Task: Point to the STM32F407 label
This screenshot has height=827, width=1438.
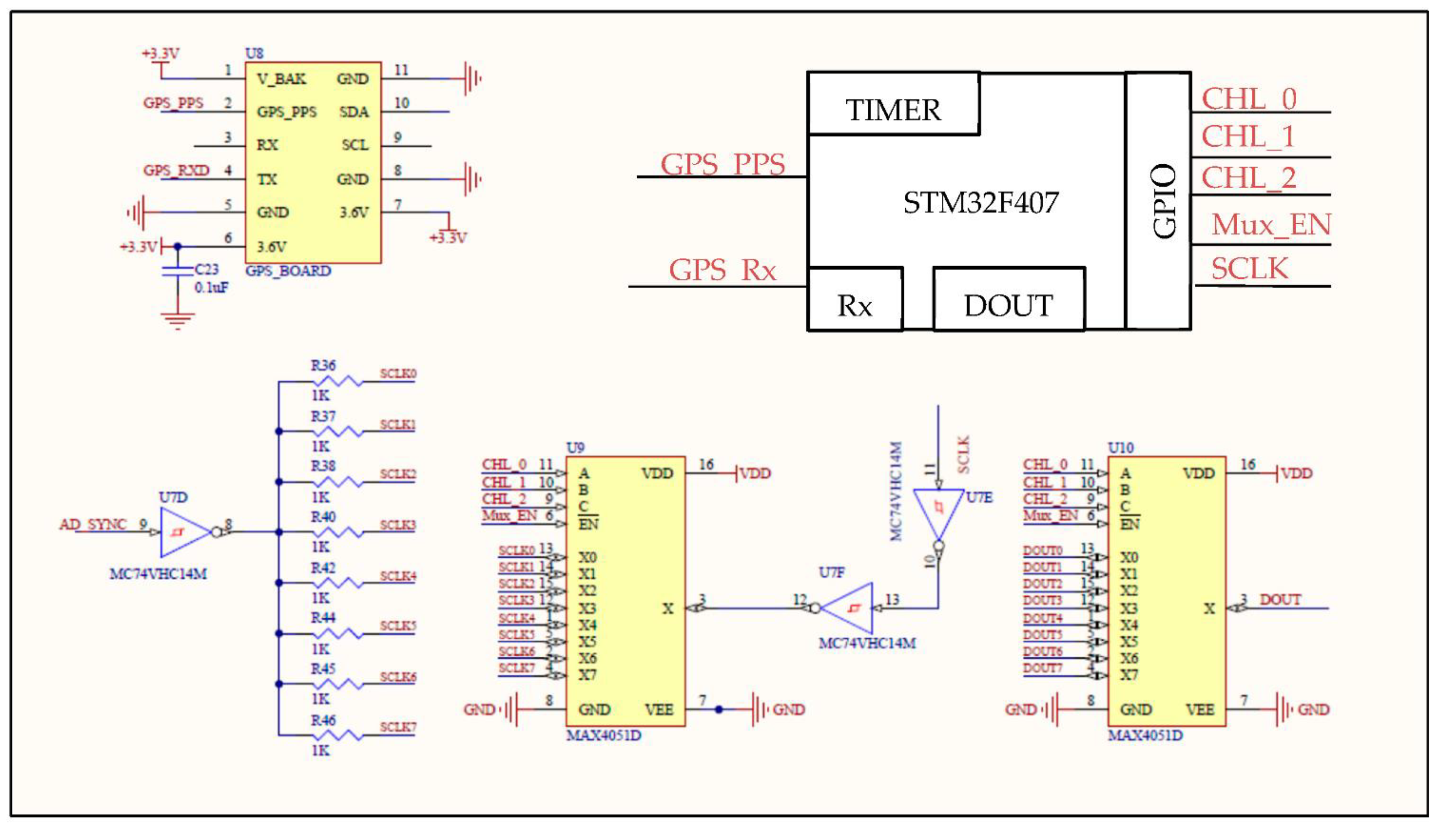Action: point(981,203)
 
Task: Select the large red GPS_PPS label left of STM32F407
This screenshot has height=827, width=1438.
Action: point(722,165)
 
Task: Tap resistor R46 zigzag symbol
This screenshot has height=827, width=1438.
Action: point(338,736)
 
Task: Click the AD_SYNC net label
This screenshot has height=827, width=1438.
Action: point(93,524)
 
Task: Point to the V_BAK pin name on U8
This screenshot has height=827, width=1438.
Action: point(281,79)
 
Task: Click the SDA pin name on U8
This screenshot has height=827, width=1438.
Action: point(354,112)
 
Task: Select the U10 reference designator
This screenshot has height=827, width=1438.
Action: point(1120,448)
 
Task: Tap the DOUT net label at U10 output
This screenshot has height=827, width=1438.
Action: point(1280,600)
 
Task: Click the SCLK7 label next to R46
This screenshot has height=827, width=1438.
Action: point(398,727)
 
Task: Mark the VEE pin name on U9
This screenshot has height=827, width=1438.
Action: point(659,709)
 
